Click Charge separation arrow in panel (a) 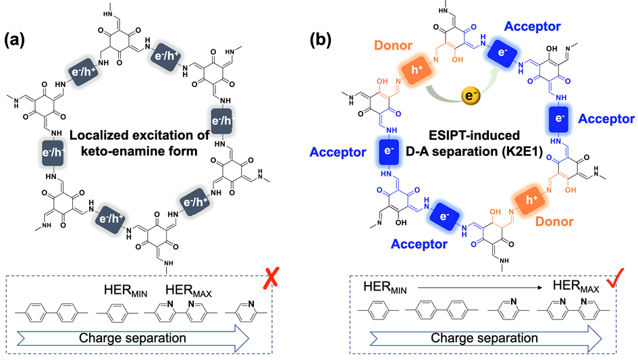coord(144,335)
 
